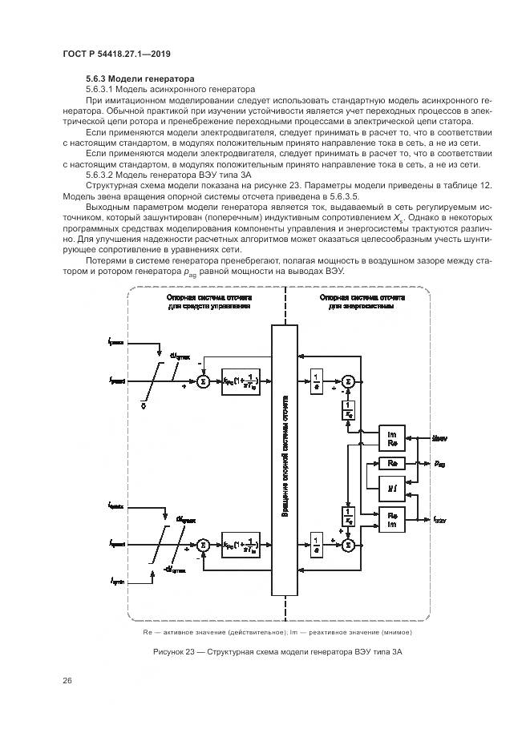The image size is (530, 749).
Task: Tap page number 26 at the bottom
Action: (67, 681)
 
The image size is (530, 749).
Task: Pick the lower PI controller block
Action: (241, 546)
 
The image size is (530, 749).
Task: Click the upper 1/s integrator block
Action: (316, 382)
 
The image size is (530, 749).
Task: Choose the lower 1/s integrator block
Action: (316, 546)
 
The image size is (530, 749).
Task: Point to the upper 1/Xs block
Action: (347, 410)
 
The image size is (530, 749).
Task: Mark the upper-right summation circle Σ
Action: (347, 382)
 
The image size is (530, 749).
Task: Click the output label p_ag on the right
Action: (440, 464)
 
